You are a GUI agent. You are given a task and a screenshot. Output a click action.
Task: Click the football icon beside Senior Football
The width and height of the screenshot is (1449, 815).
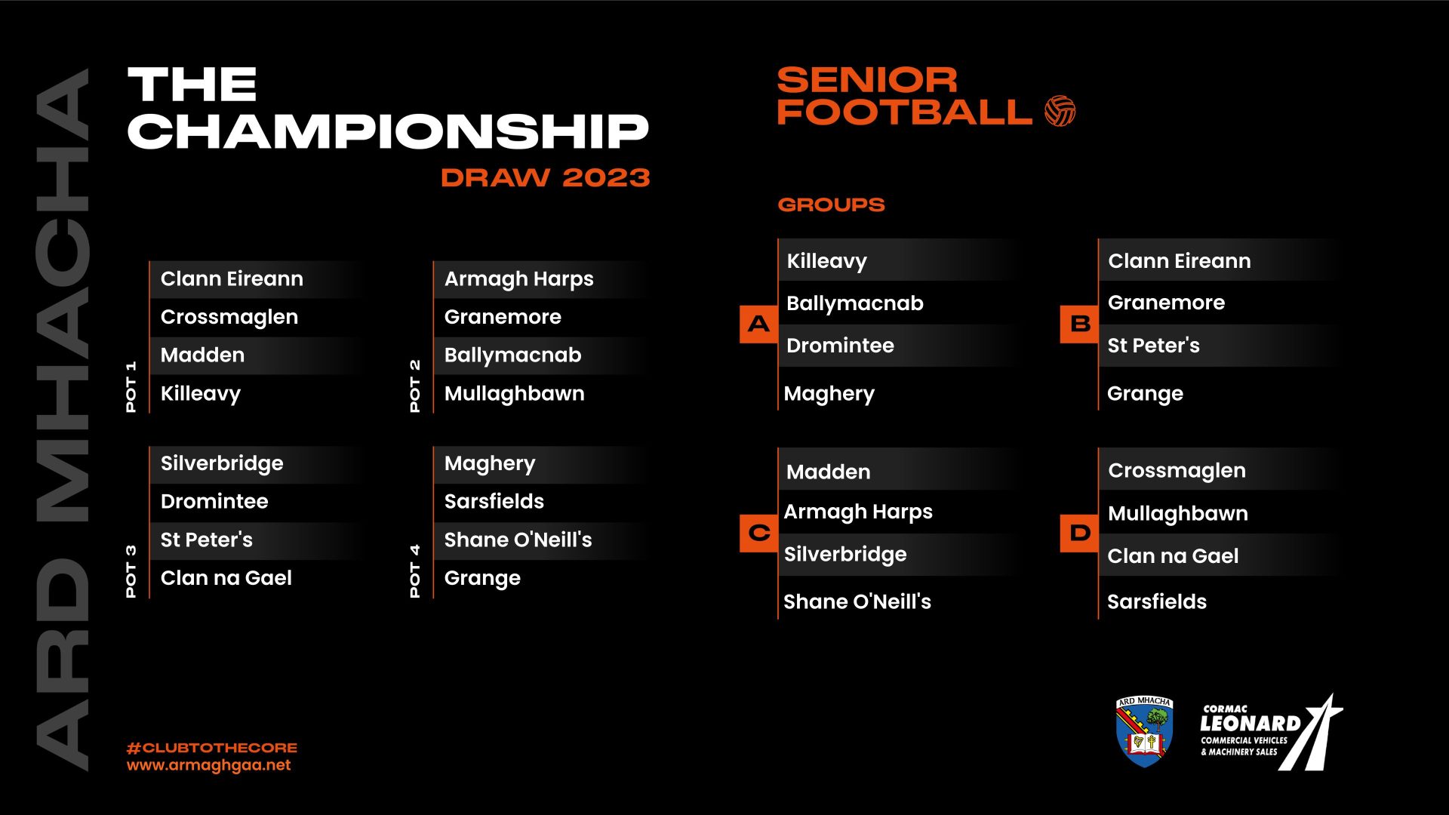point(1060,111)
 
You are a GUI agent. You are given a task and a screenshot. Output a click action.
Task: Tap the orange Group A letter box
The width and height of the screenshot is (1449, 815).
point(758,324)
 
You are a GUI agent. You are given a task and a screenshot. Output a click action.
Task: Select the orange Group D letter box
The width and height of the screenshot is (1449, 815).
point(1079,533)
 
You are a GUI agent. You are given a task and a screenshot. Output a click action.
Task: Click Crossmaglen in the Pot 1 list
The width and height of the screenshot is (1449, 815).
point(229,317)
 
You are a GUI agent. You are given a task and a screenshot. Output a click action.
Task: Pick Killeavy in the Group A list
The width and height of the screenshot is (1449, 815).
point(826,261)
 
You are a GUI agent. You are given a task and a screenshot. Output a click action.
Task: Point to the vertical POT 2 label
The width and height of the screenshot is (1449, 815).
point(414,386)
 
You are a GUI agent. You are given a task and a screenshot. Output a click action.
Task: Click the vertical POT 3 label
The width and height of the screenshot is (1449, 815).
point(131,571)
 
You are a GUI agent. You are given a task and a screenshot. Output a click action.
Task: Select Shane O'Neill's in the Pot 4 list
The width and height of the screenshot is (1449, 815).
point(518,540)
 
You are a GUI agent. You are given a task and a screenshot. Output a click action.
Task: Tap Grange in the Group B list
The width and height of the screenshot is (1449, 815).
point(1144,393)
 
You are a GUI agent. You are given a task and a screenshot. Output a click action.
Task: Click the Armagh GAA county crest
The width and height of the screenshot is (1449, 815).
point(1144,731)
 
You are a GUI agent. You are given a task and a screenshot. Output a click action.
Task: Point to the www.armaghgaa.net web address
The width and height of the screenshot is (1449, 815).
point(208,765)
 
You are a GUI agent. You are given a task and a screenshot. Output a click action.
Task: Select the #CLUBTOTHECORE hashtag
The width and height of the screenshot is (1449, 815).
point(212,748)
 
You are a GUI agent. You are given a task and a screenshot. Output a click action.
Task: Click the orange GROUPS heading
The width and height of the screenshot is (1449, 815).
point(831,205)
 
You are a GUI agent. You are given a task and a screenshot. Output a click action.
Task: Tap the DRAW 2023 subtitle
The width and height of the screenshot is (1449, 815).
point(545,178)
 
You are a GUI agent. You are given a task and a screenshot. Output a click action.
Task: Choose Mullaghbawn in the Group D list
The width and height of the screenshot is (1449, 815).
point(1177,513)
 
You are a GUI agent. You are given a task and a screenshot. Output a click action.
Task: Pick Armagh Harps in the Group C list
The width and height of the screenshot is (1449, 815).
point(857,512)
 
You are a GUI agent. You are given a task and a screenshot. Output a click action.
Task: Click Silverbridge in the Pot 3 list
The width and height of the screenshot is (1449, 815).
point(222,463)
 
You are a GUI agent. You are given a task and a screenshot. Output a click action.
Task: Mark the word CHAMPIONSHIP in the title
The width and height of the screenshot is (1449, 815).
point(388,131)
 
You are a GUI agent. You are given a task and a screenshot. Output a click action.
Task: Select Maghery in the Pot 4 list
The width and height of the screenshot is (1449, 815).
point(489,463)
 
